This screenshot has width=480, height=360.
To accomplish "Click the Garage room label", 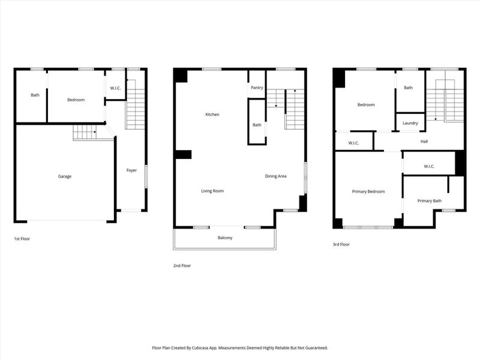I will tap(65, 176).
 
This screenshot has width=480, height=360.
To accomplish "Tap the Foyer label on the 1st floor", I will tap(131, 170).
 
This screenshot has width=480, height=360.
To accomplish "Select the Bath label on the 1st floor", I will tap(35, 95).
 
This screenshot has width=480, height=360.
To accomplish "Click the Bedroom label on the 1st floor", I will tap(76, 100).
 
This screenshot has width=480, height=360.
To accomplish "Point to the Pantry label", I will tap(257, 88).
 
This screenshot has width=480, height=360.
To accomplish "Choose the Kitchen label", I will tap(212, 114).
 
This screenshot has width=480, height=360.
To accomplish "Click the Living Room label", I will tap(212, 191).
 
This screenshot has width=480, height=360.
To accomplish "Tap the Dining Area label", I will tap(276, 176).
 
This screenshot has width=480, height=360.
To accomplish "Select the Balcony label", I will tap(225, 238).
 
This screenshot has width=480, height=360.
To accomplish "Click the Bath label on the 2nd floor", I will tap(257, 125).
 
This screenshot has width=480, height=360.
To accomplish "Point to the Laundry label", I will tap(410, 123).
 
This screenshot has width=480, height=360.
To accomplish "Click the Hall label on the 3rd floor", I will tap(424, 142).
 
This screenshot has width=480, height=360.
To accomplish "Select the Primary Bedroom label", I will tap(368, 191).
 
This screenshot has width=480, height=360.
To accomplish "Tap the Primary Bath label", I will tap(430, 201).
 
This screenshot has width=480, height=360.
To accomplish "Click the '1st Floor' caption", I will tap(22, 239).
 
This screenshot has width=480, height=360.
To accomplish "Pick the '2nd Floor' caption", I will tap(182, 265).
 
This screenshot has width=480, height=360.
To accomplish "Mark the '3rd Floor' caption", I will tap(341, 244).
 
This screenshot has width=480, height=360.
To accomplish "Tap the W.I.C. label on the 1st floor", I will tap(115, 88).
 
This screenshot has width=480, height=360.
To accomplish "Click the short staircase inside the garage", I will tap(85, 133).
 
